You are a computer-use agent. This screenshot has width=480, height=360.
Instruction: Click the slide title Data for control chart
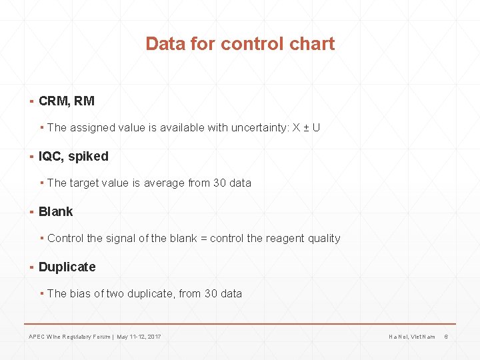[240, 44]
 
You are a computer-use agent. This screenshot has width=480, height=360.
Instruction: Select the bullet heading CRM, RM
[67, 101]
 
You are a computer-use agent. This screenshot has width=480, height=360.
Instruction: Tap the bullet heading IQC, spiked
[73, 157]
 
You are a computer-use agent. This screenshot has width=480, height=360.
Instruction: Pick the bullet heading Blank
[56, 212]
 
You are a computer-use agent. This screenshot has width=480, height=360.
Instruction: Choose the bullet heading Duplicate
[67, 267]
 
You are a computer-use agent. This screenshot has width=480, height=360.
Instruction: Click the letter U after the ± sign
[316, 127]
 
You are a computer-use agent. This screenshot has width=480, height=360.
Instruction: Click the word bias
[82, 293]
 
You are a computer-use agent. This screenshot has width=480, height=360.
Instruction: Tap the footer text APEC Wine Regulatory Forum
[69, 337]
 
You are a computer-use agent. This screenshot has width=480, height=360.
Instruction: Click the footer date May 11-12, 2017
[139, 337]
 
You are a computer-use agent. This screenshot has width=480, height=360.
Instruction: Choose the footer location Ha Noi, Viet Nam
[412, 337]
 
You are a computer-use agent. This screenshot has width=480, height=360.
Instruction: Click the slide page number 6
[446, 337]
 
